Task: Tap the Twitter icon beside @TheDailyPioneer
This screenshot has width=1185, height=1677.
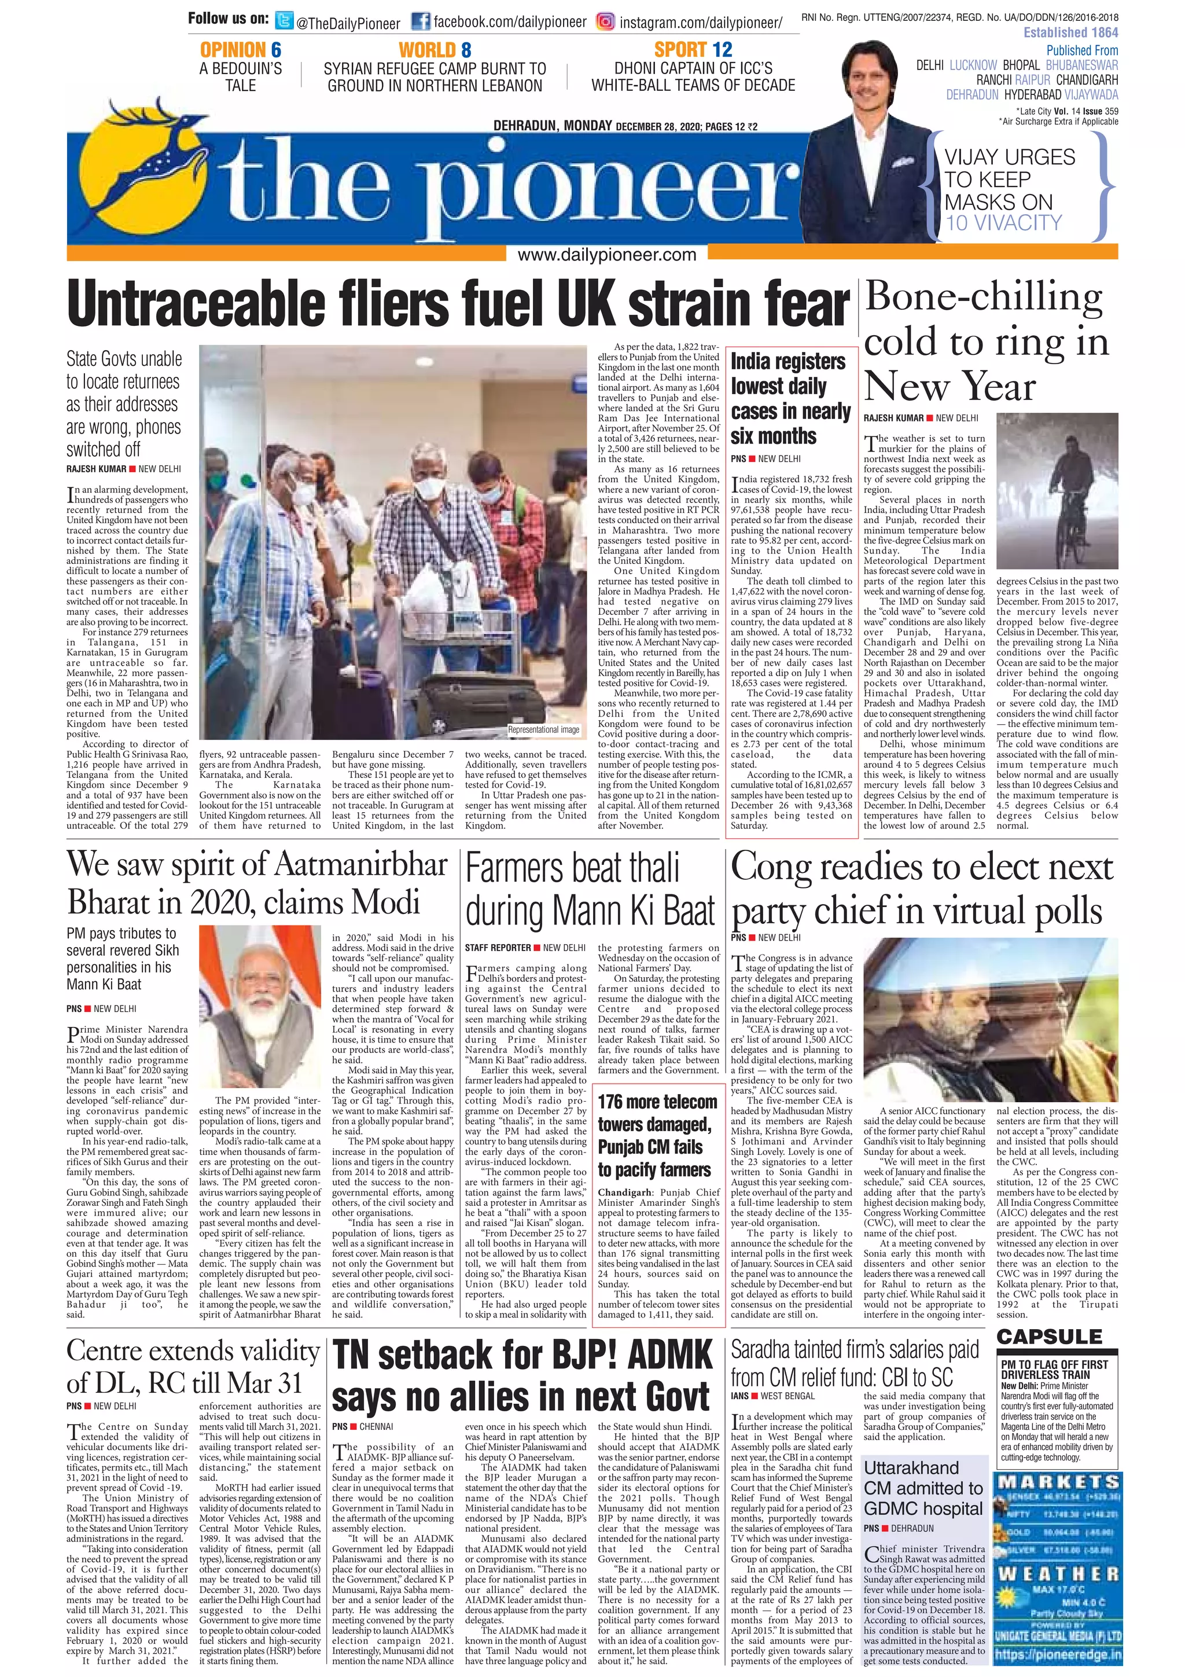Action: [284, 22]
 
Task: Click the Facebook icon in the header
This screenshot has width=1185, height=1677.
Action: [420, 22]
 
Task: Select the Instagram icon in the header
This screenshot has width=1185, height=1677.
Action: [605, 22]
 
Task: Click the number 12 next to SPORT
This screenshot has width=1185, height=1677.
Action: [722, 50]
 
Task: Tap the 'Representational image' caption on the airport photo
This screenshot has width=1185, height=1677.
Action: [544, 729]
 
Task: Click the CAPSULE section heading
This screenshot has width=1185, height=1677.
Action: [1049, 1337]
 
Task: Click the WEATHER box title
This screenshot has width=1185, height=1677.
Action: [1058, 1573]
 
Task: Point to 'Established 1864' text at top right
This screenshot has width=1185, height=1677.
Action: [1070, 33]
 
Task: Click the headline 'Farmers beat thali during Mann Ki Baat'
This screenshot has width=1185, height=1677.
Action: [590, 890]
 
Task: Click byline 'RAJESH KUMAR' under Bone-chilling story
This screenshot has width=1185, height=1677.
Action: [893, 418]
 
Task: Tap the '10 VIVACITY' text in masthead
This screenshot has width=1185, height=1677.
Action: [1003, 223]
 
